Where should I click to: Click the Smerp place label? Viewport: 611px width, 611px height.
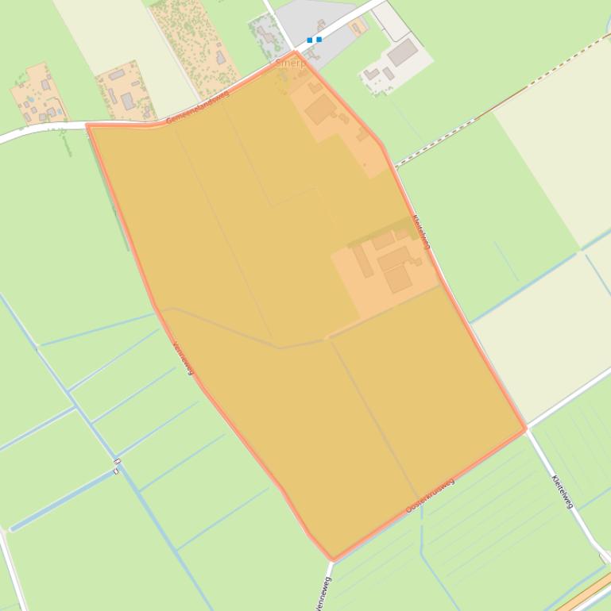[289, 63]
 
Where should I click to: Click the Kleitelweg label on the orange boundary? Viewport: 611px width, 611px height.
[421, 232]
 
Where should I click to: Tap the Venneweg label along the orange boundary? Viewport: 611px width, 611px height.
[183, 357]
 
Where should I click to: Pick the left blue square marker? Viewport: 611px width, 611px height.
[310, 40]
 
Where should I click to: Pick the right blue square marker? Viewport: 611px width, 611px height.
[319, 39]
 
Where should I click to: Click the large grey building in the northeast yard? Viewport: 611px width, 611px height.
[403, 52]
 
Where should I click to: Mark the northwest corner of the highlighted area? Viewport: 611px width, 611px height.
[87, 125]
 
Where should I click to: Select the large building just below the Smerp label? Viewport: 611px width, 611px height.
[320, 110]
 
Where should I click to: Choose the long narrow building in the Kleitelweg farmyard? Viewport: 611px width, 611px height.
[362, 261]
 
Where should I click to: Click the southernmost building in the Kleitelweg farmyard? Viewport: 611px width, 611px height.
[398, 279]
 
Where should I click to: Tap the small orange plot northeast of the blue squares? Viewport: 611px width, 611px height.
[357, 28]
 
